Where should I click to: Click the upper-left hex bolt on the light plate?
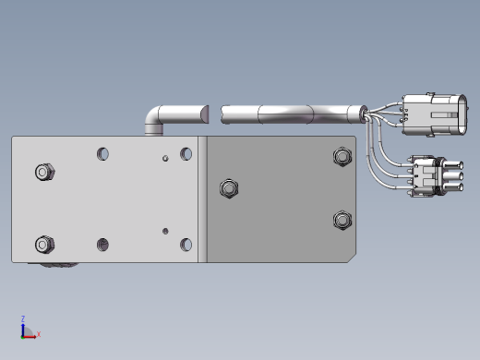(x=45, y=172)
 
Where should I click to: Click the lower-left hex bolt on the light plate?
(x=45, y=245)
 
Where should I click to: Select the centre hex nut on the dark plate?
(x=229, y=188)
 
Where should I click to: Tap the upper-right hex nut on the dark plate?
(x=342, y=157)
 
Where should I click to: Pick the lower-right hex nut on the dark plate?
(x=342, y=220)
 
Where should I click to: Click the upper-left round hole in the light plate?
(x=102, y=154)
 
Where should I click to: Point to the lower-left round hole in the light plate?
(x=102, y=245)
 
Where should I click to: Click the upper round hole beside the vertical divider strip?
(x=186, y=154)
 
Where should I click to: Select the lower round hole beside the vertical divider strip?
(x=186, y=245)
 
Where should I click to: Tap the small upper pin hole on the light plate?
(x=165, y=158)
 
